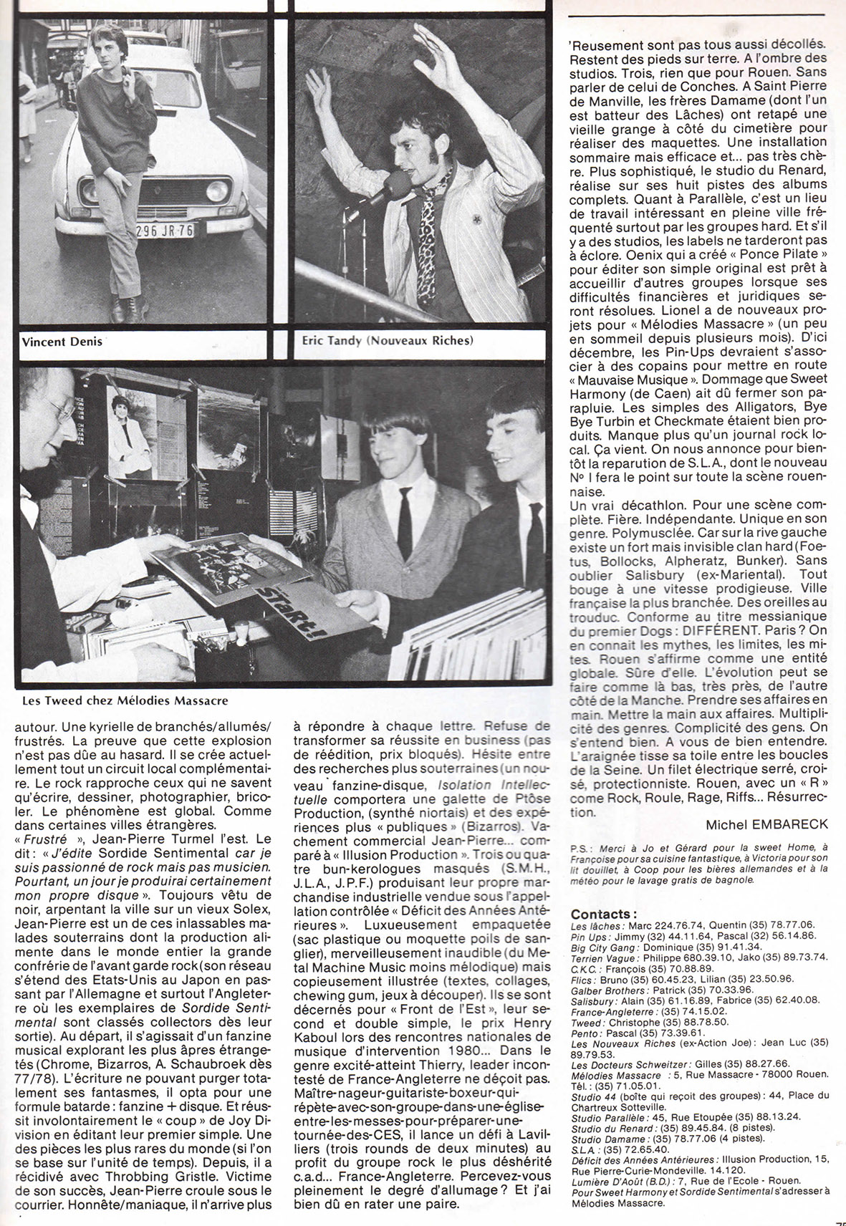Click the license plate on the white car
click(x=165, y=231)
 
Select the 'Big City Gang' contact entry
click(x=600, y=946)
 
